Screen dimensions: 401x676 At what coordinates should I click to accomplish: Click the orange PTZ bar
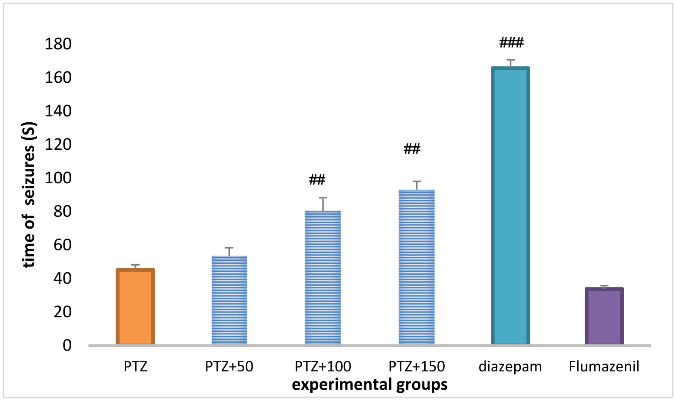[135, 307]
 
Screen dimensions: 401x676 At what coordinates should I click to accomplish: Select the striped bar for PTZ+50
[229, 300]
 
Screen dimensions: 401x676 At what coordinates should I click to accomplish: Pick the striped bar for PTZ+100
[323, 278]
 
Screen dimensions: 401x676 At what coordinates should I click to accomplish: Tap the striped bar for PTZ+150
[416, 267]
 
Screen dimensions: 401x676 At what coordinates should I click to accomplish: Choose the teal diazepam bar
[510, 206]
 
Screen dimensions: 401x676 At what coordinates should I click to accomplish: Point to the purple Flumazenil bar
[604, 317]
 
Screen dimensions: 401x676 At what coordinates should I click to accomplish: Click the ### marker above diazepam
[511, 43]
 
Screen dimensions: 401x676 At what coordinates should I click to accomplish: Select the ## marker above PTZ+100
[317, 179]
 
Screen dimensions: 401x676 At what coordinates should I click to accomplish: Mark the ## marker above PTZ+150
[412, 149]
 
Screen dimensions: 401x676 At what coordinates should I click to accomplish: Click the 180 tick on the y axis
[58, 44]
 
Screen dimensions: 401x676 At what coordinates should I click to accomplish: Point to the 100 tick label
[58, 178]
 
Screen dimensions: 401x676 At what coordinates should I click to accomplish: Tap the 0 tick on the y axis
[67, 345]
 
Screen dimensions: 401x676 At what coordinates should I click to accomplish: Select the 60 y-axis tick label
[62, 245]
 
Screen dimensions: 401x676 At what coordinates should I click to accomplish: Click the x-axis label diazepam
[510, 367]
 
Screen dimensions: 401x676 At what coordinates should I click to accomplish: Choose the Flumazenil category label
[604, 367]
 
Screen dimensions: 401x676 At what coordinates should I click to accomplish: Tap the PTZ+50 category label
[229, 367]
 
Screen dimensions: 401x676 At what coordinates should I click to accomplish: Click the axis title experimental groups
[370, 385]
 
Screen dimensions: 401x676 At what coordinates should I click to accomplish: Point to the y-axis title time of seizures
[30, 195]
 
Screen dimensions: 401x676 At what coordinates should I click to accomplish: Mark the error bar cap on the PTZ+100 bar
[323, 198]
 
